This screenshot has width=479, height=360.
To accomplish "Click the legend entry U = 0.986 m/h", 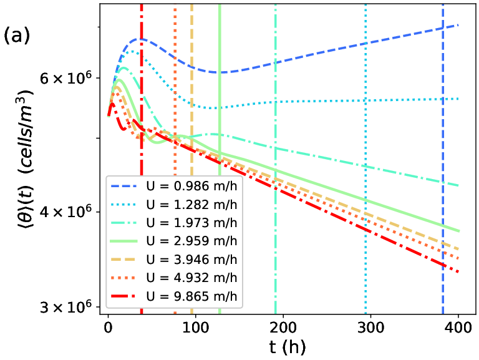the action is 173,186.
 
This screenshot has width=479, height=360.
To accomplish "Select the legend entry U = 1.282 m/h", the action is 173,205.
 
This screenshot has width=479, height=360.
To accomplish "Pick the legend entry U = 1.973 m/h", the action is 173,223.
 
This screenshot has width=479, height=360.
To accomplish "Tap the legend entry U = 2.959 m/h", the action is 173,241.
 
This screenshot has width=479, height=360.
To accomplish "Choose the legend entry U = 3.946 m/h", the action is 173,260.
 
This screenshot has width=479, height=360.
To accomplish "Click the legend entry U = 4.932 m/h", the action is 173,278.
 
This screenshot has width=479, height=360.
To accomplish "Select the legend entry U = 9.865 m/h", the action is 173,296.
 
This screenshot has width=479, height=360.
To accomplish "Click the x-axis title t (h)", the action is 287,347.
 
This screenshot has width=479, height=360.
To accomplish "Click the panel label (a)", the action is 17,36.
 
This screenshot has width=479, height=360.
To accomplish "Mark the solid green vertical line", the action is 220,159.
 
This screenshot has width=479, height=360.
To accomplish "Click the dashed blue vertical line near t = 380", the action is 443,159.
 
